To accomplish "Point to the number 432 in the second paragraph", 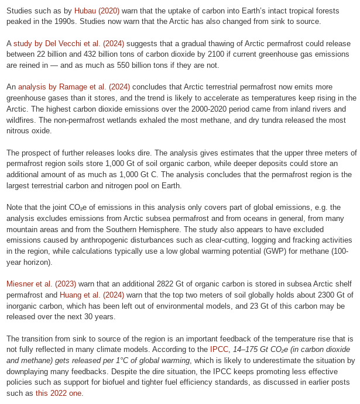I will (x=103, y=54).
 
